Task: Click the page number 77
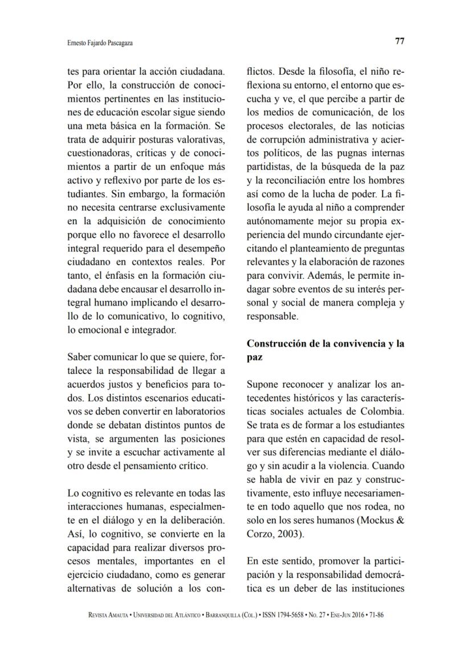400,42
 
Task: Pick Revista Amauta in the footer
109,616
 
